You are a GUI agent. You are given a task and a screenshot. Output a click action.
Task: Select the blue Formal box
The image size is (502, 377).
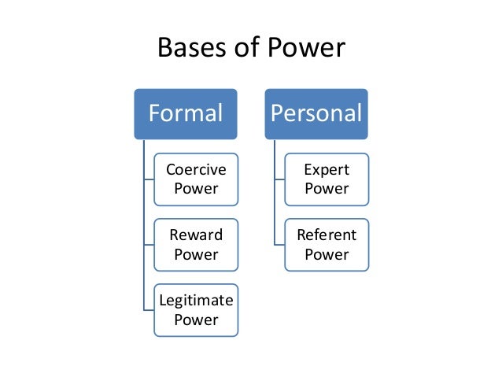click(186, 114)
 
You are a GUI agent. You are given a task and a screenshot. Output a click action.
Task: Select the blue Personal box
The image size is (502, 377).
click(316, 114)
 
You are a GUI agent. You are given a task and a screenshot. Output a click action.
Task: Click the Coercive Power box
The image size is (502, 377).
click(196, 179)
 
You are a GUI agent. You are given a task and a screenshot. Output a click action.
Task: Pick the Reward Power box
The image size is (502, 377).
click(196, 245)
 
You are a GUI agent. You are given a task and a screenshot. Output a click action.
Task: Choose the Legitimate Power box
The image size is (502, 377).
click(196, 310)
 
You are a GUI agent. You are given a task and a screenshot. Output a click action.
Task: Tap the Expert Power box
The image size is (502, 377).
click(327, 179)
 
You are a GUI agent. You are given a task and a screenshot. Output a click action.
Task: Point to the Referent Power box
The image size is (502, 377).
click(327, 245)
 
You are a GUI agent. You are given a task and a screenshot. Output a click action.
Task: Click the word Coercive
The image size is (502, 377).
click(196, 170)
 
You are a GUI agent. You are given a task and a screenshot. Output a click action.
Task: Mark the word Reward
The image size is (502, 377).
click(196, 235)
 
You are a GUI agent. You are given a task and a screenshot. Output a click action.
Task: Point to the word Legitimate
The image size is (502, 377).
click(196, 301)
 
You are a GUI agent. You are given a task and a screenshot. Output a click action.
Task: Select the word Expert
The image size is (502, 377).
click(327, 170)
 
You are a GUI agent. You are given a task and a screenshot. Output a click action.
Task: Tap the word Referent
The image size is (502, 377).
click(327, 235)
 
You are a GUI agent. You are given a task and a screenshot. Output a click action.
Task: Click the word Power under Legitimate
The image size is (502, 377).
click(196, 320)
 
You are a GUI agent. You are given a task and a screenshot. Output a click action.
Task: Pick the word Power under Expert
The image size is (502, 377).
click(327, 189)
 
